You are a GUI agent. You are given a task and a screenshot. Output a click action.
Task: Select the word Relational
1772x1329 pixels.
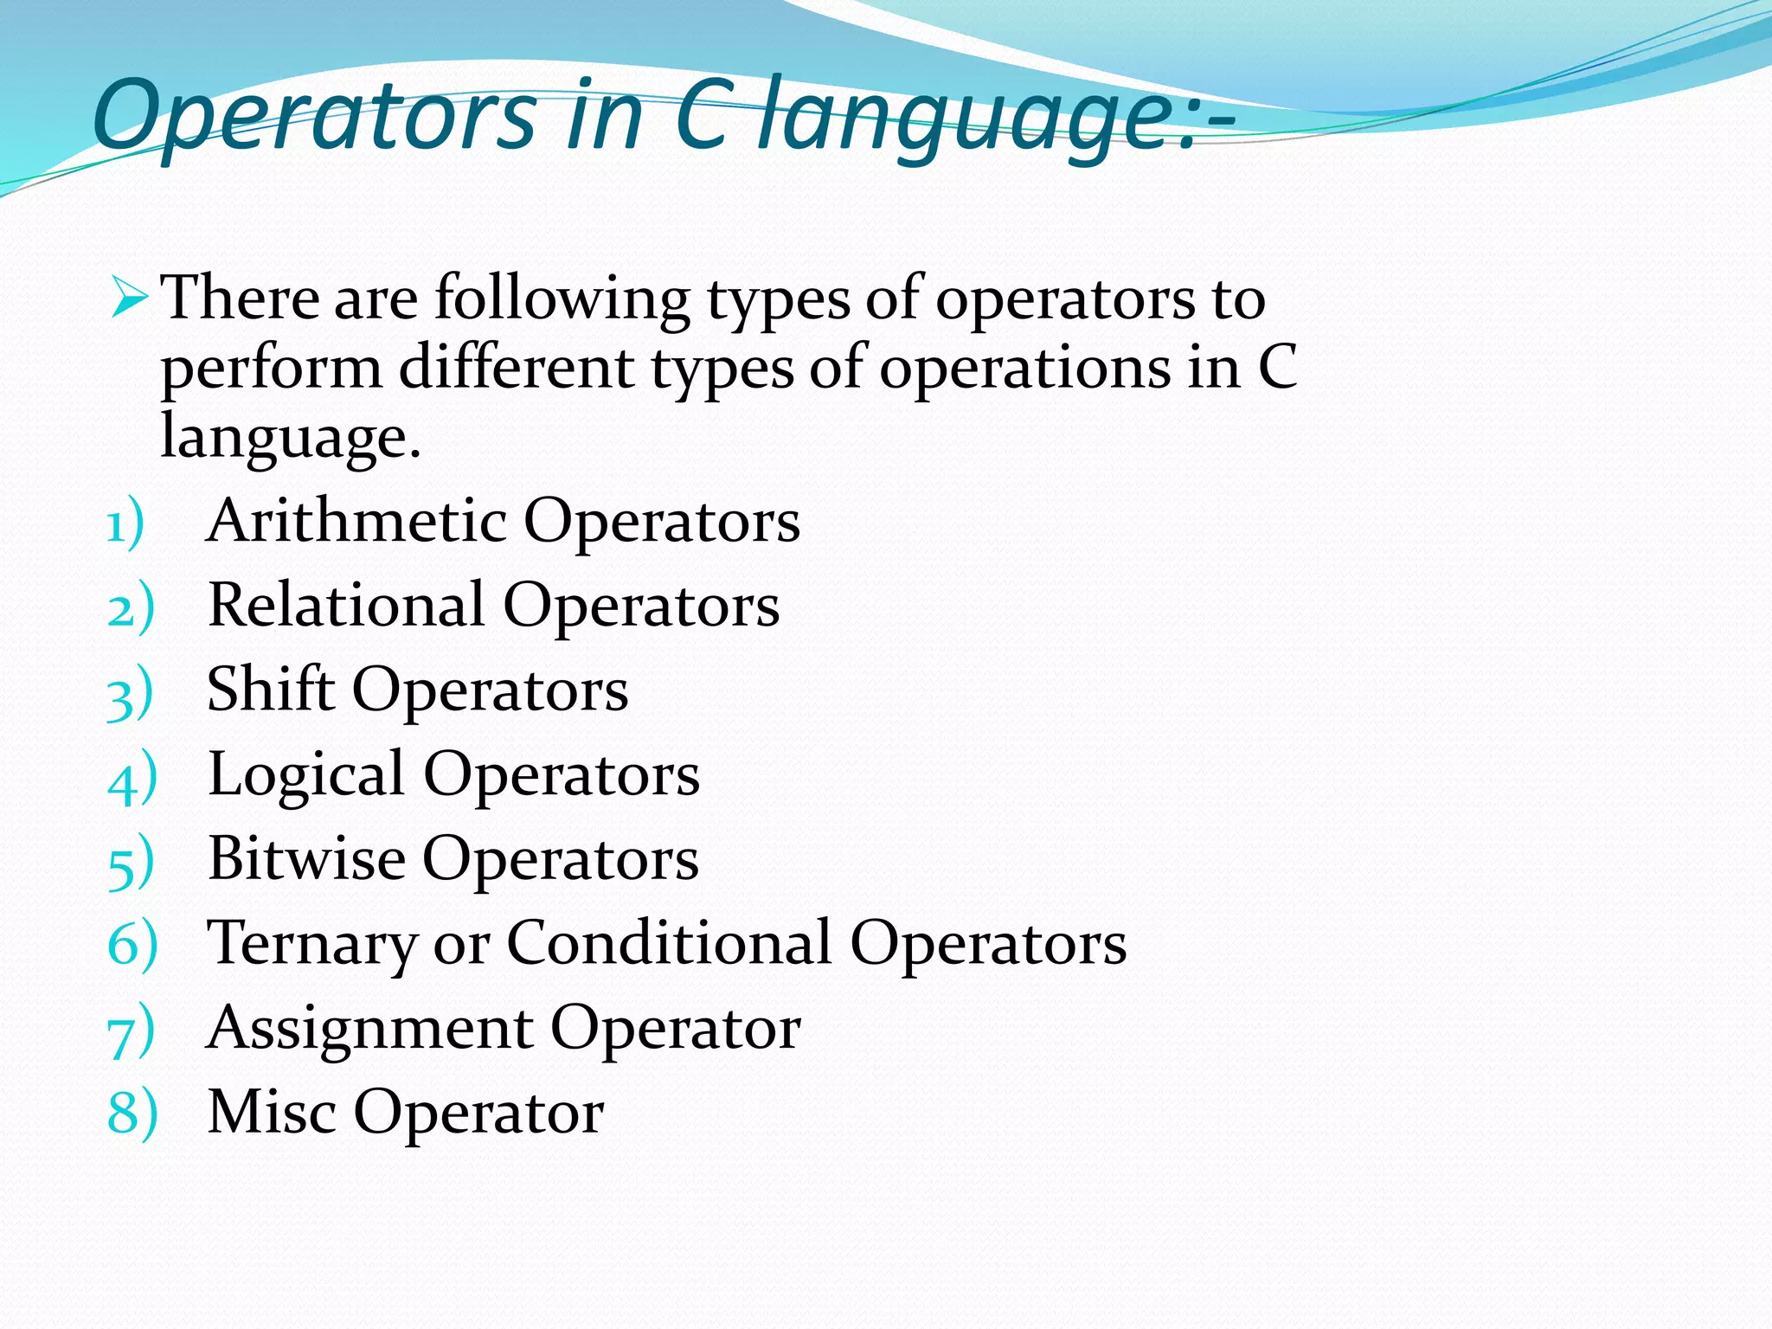346,605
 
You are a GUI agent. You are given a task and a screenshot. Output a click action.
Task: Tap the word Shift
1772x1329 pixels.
270,690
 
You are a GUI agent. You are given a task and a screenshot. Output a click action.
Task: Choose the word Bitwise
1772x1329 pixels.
306,858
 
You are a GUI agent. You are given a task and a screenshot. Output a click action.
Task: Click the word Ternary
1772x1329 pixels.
311,943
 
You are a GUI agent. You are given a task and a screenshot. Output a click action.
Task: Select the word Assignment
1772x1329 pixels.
370,1029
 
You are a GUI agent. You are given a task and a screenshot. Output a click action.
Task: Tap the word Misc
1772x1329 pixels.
272,1112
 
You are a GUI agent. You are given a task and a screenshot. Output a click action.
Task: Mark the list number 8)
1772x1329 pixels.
132,1114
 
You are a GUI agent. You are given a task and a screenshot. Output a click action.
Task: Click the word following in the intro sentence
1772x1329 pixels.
562,299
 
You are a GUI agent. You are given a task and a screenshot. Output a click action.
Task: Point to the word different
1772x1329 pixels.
516,367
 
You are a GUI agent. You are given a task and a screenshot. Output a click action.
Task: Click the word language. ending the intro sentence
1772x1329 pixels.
290,438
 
